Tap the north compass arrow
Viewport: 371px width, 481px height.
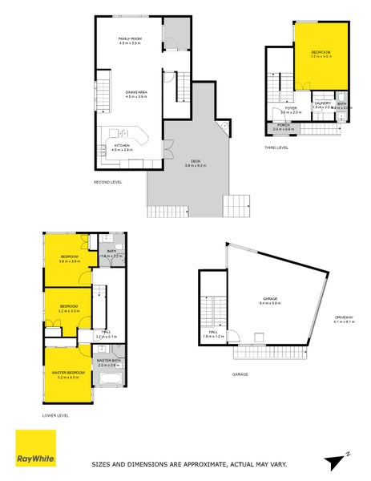coord(336,461)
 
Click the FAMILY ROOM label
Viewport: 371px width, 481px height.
coord(130,38)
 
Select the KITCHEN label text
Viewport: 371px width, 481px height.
coord(122,145)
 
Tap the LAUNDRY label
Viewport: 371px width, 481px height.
coord(323,103)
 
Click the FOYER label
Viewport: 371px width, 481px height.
coord(290,107)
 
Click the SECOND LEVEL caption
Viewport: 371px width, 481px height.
coord(108,182)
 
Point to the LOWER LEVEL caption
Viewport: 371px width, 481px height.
coord(56,415)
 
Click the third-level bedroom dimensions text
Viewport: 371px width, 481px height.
coord(321,56)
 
